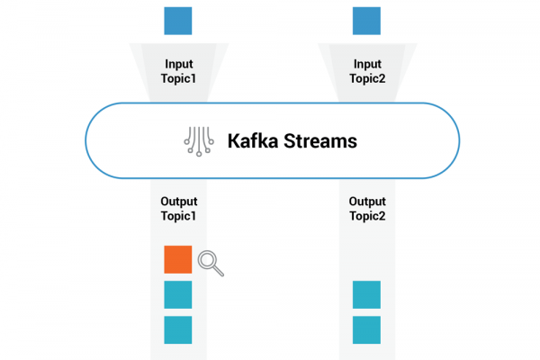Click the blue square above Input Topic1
click(x=177, y=21)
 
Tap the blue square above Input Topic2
click(x=366, y=21)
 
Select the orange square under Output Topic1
click(x=177, y=259)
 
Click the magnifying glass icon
click(x=211, y=263)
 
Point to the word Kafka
click(x=253, y=141)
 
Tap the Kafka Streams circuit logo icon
click(x=199, y=141)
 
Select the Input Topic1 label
click(x=178, y=71)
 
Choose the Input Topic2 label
click(x=367, y=71)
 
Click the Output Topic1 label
click(x=179, y=209)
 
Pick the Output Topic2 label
click(x=367, y=209)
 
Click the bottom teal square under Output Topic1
click(x=177, y=329)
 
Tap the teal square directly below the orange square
click(x=177, y=294)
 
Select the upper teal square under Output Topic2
click(x=366, y=294)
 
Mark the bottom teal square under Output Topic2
click(x=366, y=329)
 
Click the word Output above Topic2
click(x=367, y=202)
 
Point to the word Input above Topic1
click(x=179, y=65)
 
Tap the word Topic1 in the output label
click(x=178, y=216)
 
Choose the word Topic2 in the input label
click(x=367, y=78)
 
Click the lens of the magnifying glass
click(x=208, y=260)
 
